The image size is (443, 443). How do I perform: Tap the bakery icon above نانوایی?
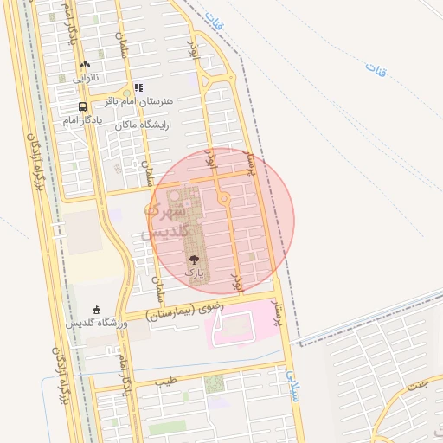(x=84, y=64)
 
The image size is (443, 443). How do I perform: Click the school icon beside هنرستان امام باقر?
(x=138, y=87)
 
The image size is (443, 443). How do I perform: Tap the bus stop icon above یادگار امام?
(x=82, y=106)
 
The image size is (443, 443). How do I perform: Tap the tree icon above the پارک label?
(x=193, y=259)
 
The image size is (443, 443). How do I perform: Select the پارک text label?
(x=195, y=273)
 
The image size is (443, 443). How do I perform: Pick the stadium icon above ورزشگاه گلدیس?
(x=95, y=310)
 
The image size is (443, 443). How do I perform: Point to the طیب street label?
(x=165, y=381)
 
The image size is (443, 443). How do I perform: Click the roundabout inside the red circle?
(x=224, y=200)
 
